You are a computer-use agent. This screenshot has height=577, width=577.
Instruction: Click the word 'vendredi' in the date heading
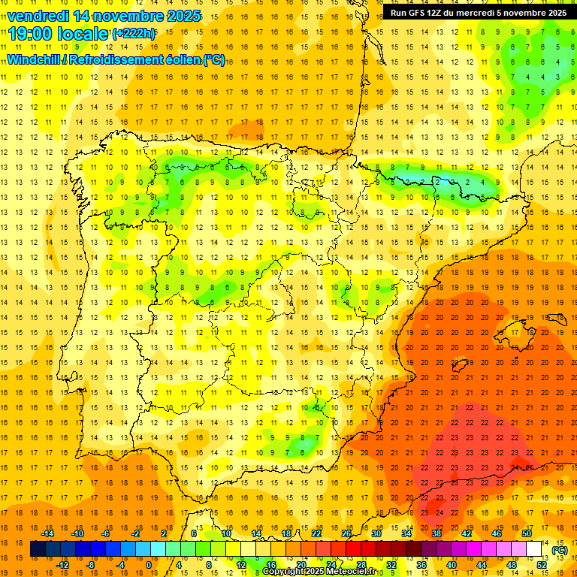(38, 16)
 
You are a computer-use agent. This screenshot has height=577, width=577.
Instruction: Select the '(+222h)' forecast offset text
(134, 34)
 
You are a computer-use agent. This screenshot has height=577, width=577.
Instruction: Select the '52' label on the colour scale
(542, 564)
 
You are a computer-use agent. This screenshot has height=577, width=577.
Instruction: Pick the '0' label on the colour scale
(149, 564)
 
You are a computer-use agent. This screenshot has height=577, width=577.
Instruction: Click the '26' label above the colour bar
(346, 533)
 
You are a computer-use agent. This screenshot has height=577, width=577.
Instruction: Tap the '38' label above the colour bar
(437, 533)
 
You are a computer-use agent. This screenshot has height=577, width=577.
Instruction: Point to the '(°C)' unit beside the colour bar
(559, 549)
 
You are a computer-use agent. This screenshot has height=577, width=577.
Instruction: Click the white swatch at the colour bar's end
(534, 549)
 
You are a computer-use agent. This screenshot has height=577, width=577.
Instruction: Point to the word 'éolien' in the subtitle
(185, 59)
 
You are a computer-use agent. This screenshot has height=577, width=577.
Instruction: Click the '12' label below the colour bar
(240, 564)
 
